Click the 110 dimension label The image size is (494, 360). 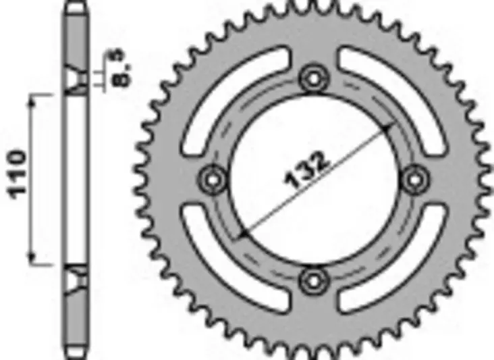18,174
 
